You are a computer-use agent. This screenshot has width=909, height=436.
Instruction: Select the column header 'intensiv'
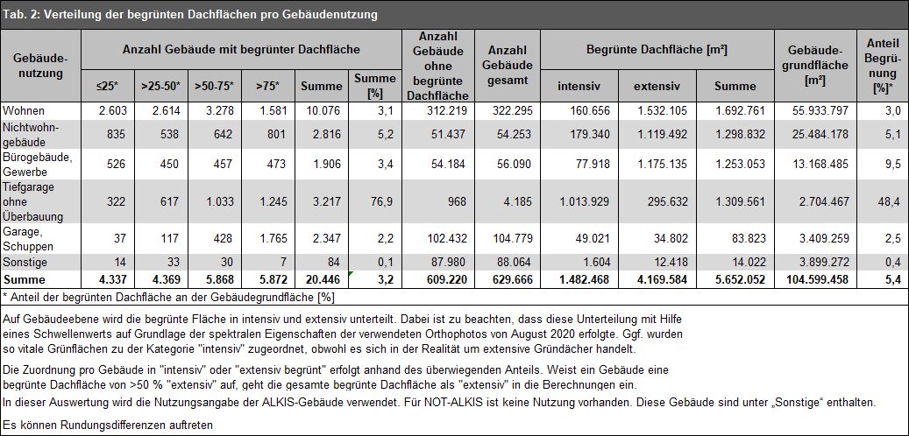click(x=579, y=87)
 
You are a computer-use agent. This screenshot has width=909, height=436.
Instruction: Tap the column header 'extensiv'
click(x=657, y=87)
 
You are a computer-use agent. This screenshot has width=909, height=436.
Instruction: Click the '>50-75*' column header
click(x=215, y=87)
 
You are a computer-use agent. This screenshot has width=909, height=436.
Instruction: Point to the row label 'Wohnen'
click(x=23, y=110)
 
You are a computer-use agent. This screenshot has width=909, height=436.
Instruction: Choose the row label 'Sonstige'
click(x=25, y=263)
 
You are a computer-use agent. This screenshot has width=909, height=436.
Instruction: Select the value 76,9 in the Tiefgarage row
click(x=384, y=201)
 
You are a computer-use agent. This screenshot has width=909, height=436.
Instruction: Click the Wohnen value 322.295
click(x=511, y=110)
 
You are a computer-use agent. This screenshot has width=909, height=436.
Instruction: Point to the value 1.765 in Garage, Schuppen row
click(x=272, y=238)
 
